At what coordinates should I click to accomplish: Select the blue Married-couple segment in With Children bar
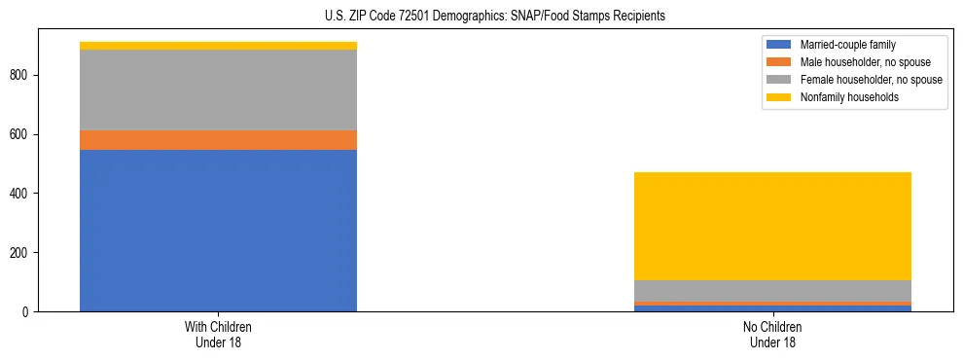click(x=218, y=231)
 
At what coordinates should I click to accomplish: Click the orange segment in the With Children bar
click(x=218, y=140)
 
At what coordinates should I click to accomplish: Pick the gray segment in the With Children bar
click(x=218, y=90)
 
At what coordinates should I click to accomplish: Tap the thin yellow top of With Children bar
click(x=218, y=46)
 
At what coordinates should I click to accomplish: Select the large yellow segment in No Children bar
click(x=772, y=226)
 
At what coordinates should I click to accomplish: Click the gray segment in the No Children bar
click(x=772, y=291)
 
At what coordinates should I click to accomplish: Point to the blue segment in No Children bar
click(x=772, y=308)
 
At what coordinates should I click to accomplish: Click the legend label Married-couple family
click(x=848, y=45)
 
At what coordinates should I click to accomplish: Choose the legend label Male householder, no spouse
click(x=865, y=62)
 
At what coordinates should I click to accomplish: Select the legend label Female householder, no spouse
click(x=871, y=80)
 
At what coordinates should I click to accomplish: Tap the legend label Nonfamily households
click(x=849, y=97)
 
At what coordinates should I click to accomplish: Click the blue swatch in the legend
click(x=779, y=45)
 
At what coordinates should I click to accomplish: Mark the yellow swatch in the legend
click(x=779, y=97)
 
